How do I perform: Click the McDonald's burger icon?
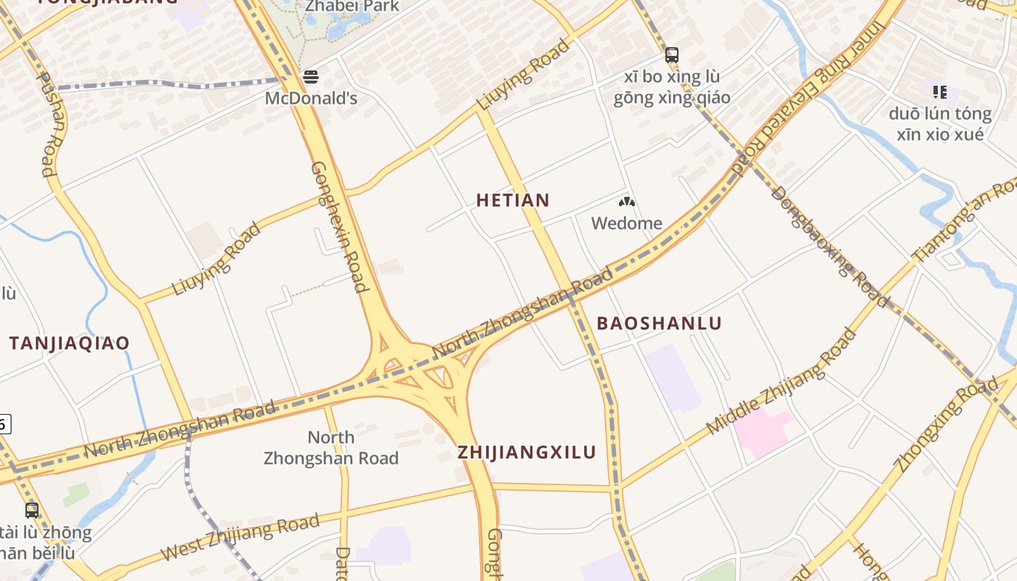click(311, 76)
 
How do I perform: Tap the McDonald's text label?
click(311, 98)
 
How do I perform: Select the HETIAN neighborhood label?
click(513, 200)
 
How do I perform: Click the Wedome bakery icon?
click(626, 202)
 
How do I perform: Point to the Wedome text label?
click(626, 223)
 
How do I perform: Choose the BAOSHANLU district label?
click(659, 324)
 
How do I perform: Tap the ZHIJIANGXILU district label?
click(527, 452)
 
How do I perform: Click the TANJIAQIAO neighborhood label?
click(69, 344)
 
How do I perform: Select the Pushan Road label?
click(49, 124)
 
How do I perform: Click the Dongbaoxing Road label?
click(829, 246)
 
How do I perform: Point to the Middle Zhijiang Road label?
click(781, 382)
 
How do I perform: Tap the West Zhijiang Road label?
click(240, 537)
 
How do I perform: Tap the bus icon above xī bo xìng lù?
click(671, 55)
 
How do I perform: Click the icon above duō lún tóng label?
click(939, 92)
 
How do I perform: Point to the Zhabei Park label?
click(352, 6)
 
